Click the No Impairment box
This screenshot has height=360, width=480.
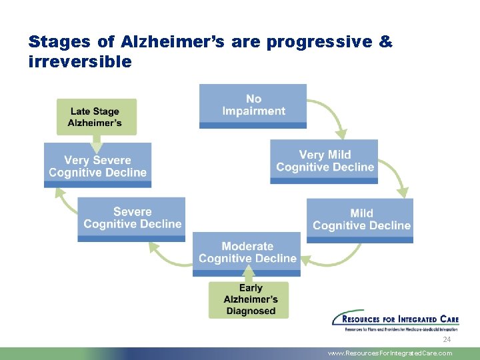click(253, 105)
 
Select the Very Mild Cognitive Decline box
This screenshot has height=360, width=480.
click(324, 161)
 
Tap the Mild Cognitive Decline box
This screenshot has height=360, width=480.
click(361, 219)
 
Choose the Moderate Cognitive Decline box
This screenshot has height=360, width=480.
click(247, 253)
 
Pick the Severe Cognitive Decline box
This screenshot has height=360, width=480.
click(132, 219)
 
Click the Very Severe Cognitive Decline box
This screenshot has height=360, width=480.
click(97, 166)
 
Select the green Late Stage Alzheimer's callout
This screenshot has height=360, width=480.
click(96, 117)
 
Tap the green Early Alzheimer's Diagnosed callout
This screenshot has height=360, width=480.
click(250, 299)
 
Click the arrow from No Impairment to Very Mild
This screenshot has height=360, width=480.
click(331, 117)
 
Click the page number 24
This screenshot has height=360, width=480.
click(447, 340)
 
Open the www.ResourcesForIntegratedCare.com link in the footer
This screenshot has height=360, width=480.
click(389, 353)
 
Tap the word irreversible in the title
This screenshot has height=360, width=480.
click(80, 61)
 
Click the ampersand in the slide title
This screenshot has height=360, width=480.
click(385, 42)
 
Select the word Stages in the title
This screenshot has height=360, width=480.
click(59, 42)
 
